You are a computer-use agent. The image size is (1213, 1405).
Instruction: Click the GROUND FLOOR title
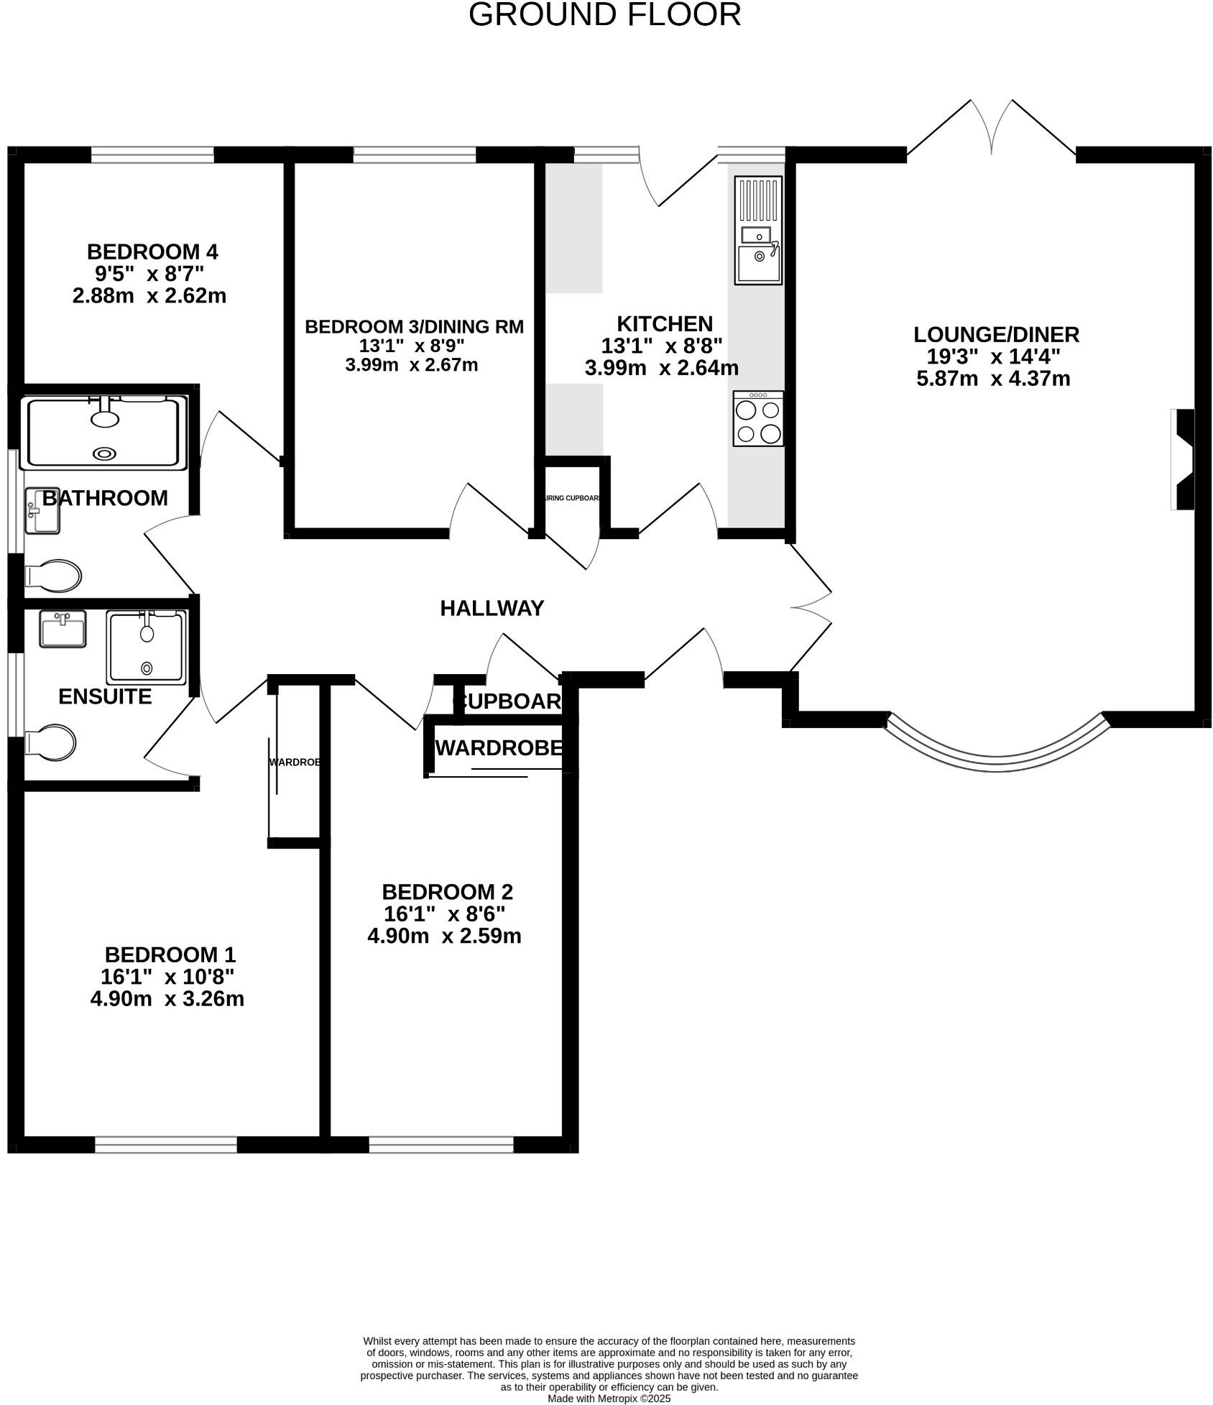(x=604, y=14)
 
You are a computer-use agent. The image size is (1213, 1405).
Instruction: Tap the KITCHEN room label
(x=665, y=323)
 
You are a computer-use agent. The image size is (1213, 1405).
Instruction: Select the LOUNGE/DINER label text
(x=996, y=334)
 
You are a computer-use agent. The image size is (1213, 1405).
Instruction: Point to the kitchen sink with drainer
(x=758, y=230)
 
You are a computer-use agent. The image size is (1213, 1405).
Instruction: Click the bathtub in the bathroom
(x=105, y=433)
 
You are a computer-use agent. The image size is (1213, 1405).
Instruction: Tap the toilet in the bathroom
(x=54, y=575)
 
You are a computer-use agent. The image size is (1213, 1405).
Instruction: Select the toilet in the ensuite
(x=51, y=742)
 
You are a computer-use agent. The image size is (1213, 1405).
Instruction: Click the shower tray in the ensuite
(x=147, y=647)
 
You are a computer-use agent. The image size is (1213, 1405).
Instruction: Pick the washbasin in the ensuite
(x=63, y=629)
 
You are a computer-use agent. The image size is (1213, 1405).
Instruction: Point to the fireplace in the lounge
(x=1183, y=459)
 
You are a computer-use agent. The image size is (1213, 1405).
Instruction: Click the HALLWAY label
(x=492, y=609)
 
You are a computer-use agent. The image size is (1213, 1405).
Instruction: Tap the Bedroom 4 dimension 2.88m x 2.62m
(x=149, y=295)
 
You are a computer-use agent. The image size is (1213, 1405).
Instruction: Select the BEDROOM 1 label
(x=170, y=954)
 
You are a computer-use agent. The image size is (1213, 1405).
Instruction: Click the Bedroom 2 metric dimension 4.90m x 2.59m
(x=444, y=936)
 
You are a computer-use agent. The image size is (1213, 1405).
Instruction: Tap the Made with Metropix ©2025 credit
(x=609, y=1399)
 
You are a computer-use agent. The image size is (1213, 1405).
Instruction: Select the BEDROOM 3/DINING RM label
(x=414, y=327)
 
